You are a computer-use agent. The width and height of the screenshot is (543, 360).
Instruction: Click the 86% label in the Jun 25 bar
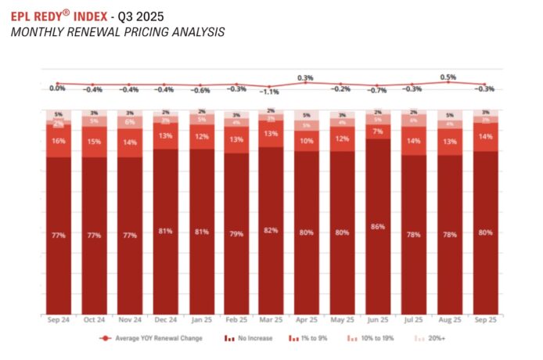point(378,226)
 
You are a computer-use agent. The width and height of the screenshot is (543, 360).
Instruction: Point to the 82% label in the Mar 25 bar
point(271,230)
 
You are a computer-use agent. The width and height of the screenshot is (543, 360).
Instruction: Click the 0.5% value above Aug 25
point(448,77)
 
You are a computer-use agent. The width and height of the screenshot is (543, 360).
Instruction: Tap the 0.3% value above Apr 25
point(305,77)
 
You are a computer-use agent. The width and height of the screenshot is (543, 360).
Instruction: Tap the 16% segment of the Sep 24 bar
point(57,141)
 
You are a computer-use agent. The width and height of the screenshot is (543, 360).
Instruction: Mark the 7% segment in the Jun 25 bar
point(378,131)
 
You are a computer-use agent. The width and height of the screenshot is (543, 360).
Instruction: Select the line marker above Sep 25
point(484,85)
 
